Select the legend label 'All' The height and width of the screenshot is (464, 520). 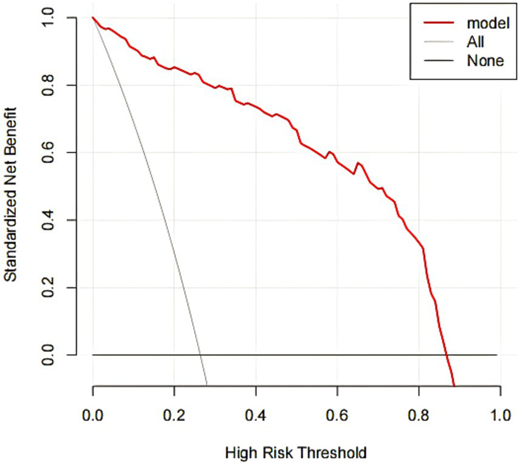coord(476,42)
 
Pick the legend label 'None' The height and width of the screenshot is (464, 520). coord(485,60)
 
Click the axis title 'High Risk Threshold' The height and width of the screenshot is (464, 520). coord(296,452)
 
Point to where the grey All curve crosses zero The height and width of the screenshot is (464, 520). coord(199,355)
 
